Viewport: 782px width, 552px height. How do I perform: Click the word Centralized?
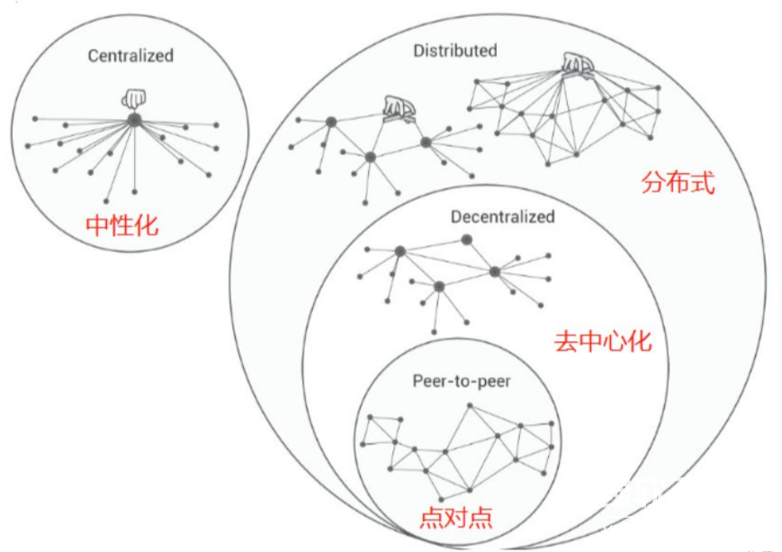130,56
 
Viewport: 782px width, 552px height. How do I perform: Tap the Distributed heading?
454,50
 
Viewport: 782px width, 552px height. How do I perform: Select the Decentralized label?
502,217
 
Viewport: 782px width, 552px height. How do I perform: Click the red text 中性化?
121,225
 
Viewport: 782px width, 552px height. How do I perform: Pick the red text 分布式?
678,184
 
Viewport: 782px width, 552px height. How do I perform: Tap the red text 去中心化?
602,342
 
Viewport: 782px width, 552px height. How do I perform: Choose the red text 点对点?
456,518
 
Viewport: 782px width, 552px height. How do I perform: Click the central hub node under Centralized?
133,119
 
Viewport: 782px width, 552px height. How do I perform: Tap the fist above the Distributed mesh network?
576,63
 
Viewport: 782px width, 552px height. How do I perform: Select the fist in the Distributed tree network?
396,108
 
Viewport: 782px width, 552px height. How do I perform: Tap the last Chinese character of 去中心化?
639,342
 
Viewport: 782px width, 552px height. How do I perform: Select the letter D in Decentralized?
455,217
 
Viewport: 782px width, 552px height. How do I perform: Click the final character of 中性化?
146,225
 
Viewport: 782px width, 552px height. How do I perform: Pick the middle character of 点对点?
456,518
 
